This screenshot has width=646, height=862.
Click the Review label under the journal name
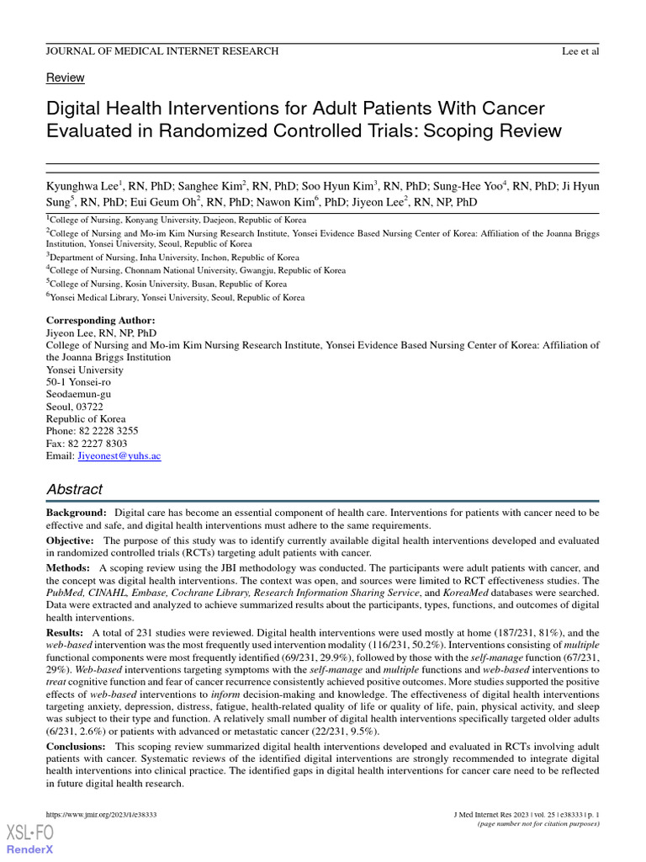point(65,77)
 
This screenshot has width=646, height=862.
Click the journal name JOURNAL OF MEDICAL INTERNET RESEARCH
point(161,51)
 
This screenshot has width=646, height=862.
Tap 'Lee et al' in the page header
point(580,51)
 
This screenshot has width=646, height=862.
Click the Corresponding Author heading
point(100,321)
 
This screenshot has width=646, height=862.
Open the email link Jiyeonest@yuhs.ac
point(119,455)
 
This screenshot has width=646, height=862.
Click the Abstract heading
point(74,489)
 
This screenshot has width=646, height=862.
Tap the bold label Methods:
point(67,568)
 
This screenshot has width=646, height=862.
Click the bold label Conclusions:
point(77,747)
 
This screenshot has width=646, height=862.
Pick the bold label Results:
point(65,632)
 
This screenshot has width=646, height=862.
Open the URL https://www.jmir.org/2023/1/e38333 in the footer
point(101,815)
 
